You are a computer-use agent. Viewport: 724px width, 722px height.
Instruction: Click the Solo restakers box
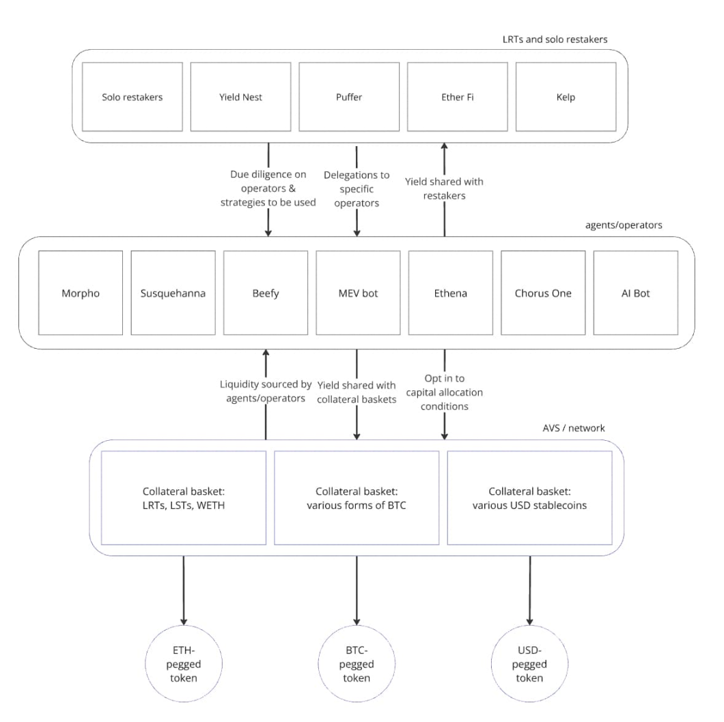[132, 97]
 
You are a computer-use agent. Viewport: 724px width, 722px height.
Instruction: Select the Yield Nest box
[240, 97]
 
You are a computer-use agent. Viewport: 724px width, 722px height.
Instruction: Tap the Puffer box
[349, 97]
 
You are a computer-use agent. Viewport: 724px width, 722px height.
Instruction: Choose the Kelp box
[566, 97]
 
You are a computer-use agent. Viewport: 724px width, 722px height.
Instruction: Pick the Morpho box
[81, 293]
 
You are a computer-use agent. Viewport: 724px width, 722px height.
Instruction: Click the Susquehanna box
[173, 293]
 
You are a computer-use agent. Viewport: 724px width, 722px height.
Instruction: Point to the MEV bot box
[359, 293]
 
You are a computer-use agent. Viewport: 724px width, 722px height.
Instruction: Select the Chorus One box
[543, 293]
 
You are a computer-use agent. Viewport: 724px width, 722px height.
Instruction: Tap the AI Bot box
[636, 293]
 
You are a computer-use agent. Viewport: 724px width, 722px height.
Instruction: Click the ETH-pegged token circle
[184, 664]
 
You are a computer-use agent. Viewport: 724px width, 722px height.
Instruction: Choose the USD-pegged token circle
[529, 664]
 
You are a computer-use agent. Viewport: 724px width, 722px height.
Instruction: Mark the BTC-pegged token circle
[357, 664]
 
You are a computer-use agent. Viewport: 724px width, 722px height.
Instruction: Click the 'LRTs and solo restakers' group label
[555, 39]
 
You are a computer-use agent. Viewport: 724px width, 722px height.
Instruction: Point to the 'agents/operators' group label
[624, 225]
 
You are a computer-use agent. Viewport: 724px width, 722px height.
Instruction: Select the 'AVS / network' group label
[574, 428]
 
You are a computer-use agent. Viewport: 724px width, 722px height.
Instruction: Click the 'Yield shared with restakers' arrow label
[444, 188]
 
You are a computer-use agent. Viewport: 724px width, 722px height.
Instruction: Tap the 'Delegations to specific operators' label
[357, 189]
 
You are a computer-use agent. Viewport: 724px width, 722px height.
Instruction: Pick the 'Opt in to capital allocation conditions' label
[445, 392]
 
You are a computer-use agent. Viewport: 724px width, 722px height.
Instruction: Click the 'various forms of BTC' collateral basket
[357, 497]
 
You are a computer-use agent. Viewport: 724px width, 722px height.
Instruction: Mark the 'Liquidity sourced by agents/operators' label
[266, 391]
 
